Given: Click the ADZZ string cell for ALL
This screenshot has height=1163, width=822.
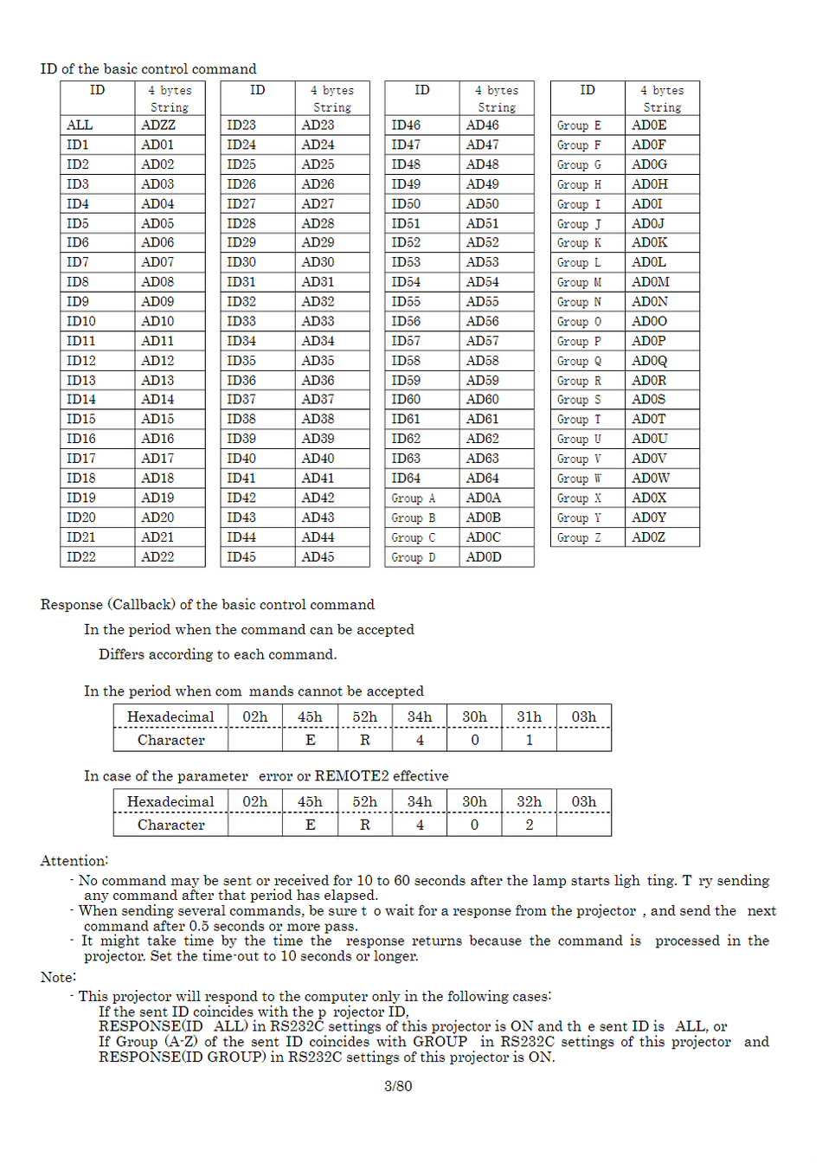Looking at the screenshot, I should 158,125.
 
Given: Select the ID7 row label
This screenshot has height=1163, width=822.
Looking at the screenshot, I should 78,262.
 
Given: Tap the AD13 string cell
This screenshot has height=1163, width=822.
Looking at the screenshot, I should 157,381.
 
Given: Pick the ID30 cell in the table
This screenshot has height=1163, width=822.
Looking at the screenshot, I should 241,262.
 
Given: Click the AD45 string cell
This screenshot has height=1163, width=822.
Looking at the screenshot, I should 318,557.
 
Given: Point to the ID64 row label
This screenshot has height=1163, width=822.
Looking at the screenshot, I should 406,479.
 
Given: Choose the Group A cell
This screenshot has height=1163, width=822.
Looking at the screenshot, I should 413,498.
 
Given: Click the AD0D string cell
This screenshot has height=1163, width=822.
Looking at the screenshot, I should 484,557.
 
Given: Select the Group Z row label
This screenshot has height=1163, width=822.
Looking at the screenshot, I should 579,537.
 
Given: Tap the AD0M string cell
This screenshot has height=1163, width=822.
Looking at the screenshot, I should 650,282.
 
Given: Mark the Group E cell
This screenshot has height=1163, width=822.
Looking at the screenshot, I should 579,125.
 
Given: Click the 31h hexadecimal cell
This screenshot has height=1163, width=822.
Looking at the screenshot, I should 529,716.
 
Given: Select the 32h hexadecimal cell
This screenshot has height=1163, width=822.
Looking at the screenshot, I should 529,801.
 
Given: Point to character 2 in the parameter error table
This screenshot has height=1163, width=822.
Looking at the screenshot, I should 529,825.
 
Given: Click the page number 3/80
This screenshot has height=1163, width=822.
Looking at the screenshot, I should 398,1085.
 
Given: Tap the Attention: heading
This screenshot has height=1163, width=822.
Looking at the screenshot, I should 74,860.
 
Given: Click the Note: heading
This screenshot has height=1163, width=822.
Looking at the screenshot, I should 58,977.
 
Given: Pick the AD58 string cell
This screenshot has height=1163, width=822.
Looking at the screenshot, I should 482,361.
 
